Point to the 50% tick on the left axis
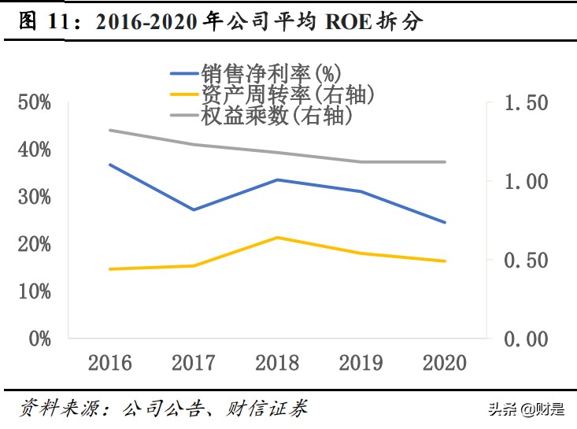click(x=34, y=102)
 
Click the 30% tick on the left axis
click(x=34, y=197)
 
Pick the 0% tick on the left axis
click(x=39, y=338)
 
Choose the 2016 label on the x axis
click(x=109, y=363)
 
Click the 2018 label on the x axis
click(x=277, y=363)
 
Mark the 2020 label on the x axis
click(x=445, y=363)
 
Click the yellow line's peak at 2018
click(x=277, y=237)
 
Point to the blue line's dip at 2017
click(x=194, y=209)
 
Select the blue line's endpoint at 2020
click(x=445, y=222)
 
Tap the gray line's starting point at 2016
click(x=109, y=130)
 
